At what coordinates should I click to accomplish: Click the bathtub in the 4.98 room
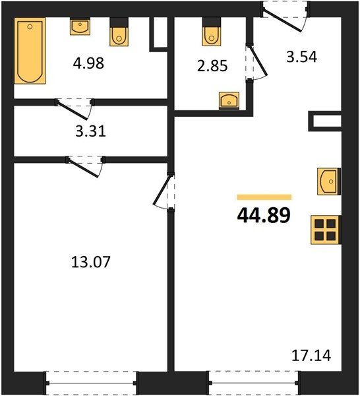(x=30, y=51)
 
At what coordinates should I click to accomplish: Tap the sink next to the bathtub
(x=80, y=27)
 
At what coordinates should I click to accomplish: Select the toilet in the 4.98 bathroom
(x=119, y=32)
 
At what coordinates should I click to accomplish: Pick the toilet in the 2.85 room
(x=212, y=32)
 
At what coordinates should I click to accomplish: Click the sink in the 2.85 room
(x=229, y=101)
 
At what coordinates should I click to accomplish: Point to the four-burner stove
(x=326, y=230)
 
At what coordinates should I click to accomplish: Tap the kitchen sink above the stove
(x=329, y=181)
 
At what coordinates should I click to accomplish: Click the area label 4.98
(x=88, y=63)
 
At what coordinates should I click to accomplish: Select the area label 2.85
(x=212, y=65)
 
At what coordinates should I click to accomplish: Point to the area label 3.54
(x=302, y=57)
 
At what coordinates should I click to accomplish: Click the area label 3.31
(x=90, y=131)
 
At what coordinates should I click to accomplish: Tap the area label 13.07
(x=91, y=261)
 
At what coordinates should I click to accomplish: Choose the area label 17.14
(x=311, y=355)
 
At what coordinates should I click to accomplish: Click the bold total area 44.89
(x=264, y=215)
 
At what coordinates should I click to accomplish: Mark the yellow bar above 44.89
(x=264, y=197)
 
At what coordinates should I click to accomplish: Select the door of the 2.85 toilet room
(x=256, y=63)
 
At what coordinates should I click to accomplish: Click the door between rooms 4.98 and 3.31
(x=75, y=109)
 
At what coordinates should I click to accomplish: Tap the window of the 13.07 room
(x=92, y=383)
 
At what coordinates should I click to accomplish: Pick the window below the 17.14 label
(x=254, y=383)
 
